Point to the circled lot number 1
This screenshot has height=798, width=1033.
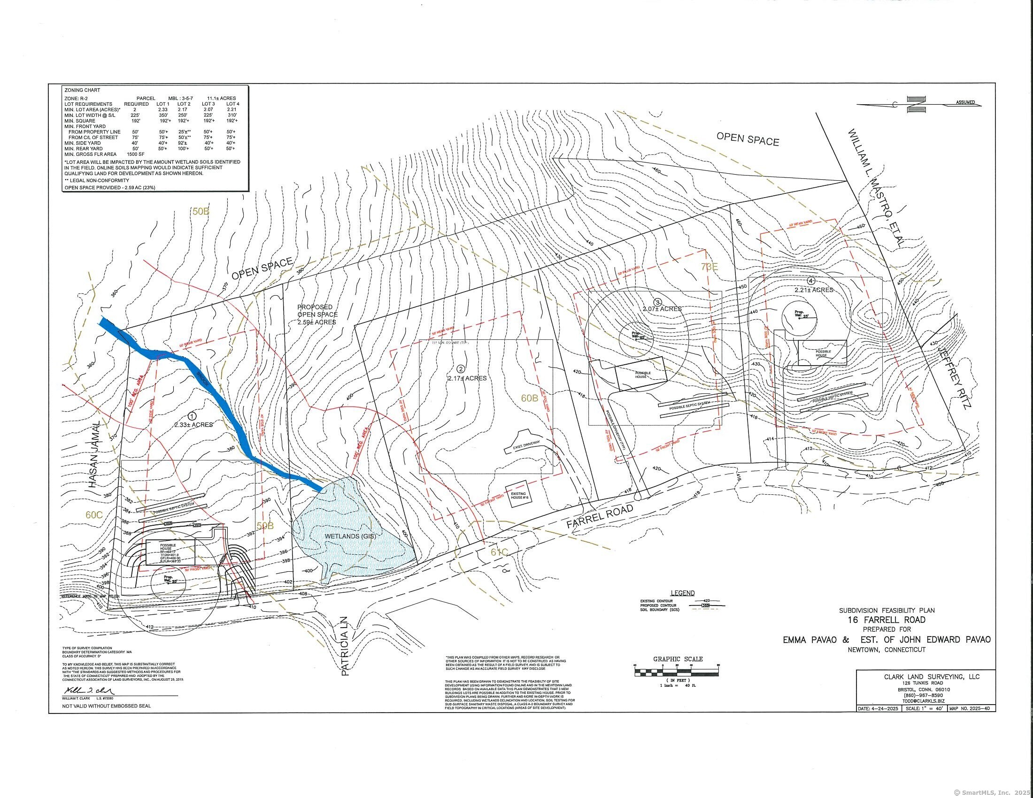(192, 416)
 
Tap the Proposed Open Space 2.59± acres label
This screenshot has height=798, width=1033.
(317, 315)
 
